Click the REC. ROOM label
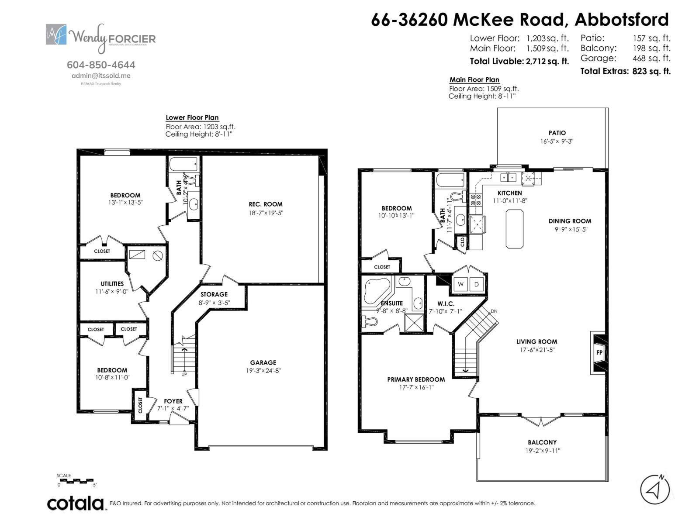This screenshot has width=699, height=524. click(266, 204)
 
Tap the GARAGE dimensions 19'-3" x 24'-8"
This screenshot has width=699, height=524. click(263, 371)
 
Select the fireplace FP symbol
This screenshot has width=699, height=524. click(599, 352)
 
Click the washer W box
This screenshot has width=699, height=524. click(460, 284)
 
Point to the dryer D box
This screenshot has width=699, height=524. click(477, 284)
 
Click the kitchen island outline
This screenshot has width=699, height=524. click(515, 228)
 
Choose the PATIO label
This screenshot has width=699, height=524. click(557, 133)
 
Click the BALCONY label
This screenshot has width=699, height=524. click(542, 442)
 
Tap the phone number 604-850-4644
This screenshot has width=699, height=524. click(101, 65)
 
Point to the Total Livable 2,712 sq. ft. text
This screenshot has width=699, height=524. click(519, 61)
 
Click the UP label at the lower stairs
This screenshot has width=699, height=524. click(184, 374)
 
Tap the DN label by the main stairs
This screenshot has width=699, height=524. click(494, 311)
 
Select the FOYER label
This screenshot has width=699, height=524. click(173, 401)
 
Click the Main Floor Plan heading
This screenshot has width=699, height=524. click(474, 79)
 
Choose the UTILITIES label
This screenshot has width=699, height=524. click(112, 283)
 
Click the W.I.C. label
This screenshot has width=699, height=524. click(446, 303)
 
